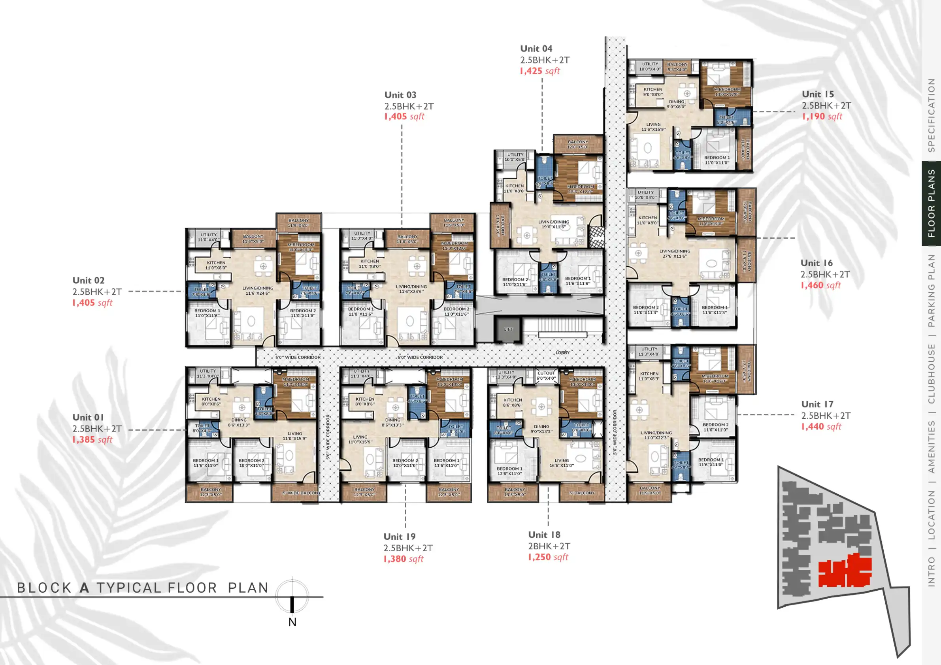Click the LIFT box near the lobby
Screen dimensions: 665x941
(508, 329)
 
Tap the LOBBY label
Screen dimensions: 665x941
(562, 352)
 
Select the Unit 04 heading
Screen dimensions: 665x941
(536, 49)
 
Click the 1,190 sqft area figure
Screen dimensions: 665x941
(822, 116)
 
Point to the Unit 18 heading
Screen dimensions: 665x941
(544, 535)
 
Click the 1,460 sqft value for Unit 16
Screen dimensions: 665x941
(820, 285)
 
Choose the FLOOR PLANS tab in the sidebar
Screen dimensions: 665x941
(931, 203)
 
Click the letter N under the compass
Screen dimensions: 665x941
(292, 622)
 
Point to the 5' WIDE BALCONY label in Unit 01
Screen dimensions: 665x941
(301, 493)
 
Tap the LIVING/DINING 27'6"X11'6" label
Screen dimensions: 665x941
(675, 254)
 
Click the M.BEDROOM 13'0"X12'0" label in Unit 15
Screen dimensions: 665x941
(727, 92)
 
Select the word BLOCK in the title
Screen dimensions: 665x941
(44, 588)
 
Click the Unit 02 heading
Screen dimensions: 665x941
(89, 281)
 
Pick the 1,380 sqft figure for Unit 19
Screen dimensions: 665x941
(403, 559)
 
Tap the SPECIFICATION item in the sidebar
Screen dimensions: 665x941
(931, 115)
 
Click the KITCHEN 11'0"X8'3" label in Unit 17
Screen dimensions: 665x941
(649, 376)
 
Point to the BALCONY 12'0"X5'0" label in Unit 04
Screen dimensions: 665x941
(578, 144)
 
